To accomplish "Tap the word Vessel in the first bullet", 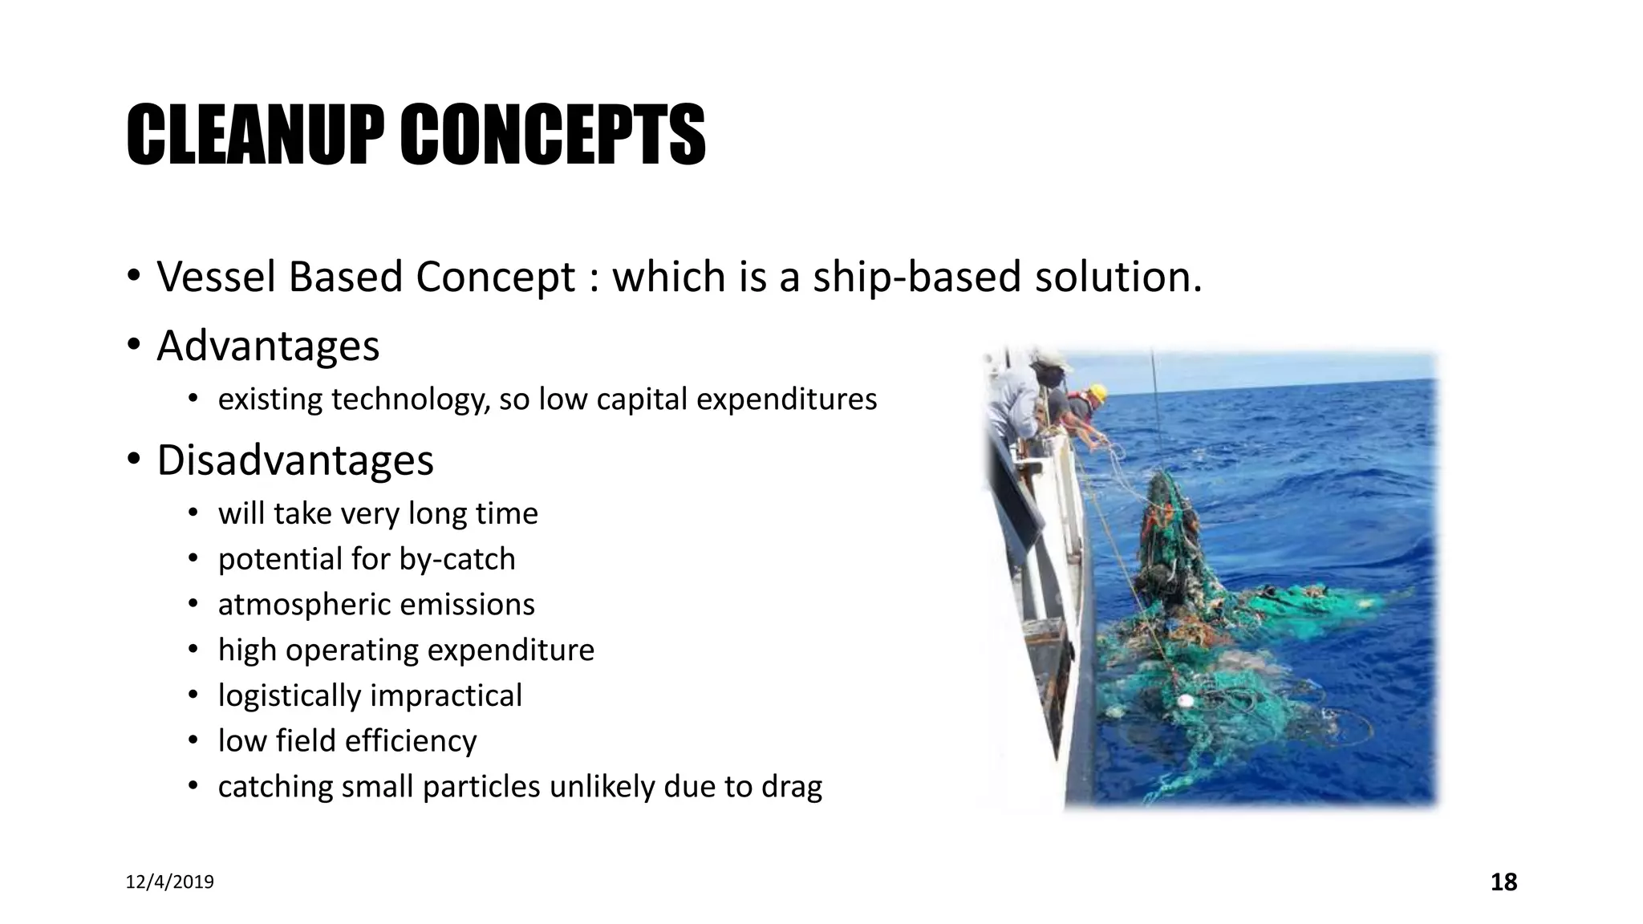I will (216, 277).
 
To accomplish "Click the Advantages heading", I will (268, 346).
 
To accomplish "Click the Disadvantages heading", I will (295, 460).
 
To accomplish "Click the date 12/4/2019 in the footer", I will (170, 882).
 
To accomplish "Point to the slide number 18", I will (1503, 882).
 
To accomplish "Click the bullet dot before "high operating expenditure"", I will (193, 650).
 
